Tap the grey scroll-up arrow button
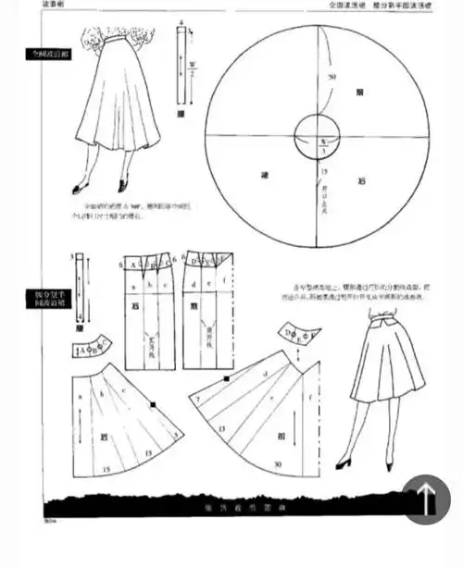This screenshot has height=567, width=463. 427,499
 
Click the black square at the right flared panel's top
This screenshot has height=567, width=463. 226,378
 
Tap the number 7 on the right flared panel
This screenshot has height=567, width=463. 198,399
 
